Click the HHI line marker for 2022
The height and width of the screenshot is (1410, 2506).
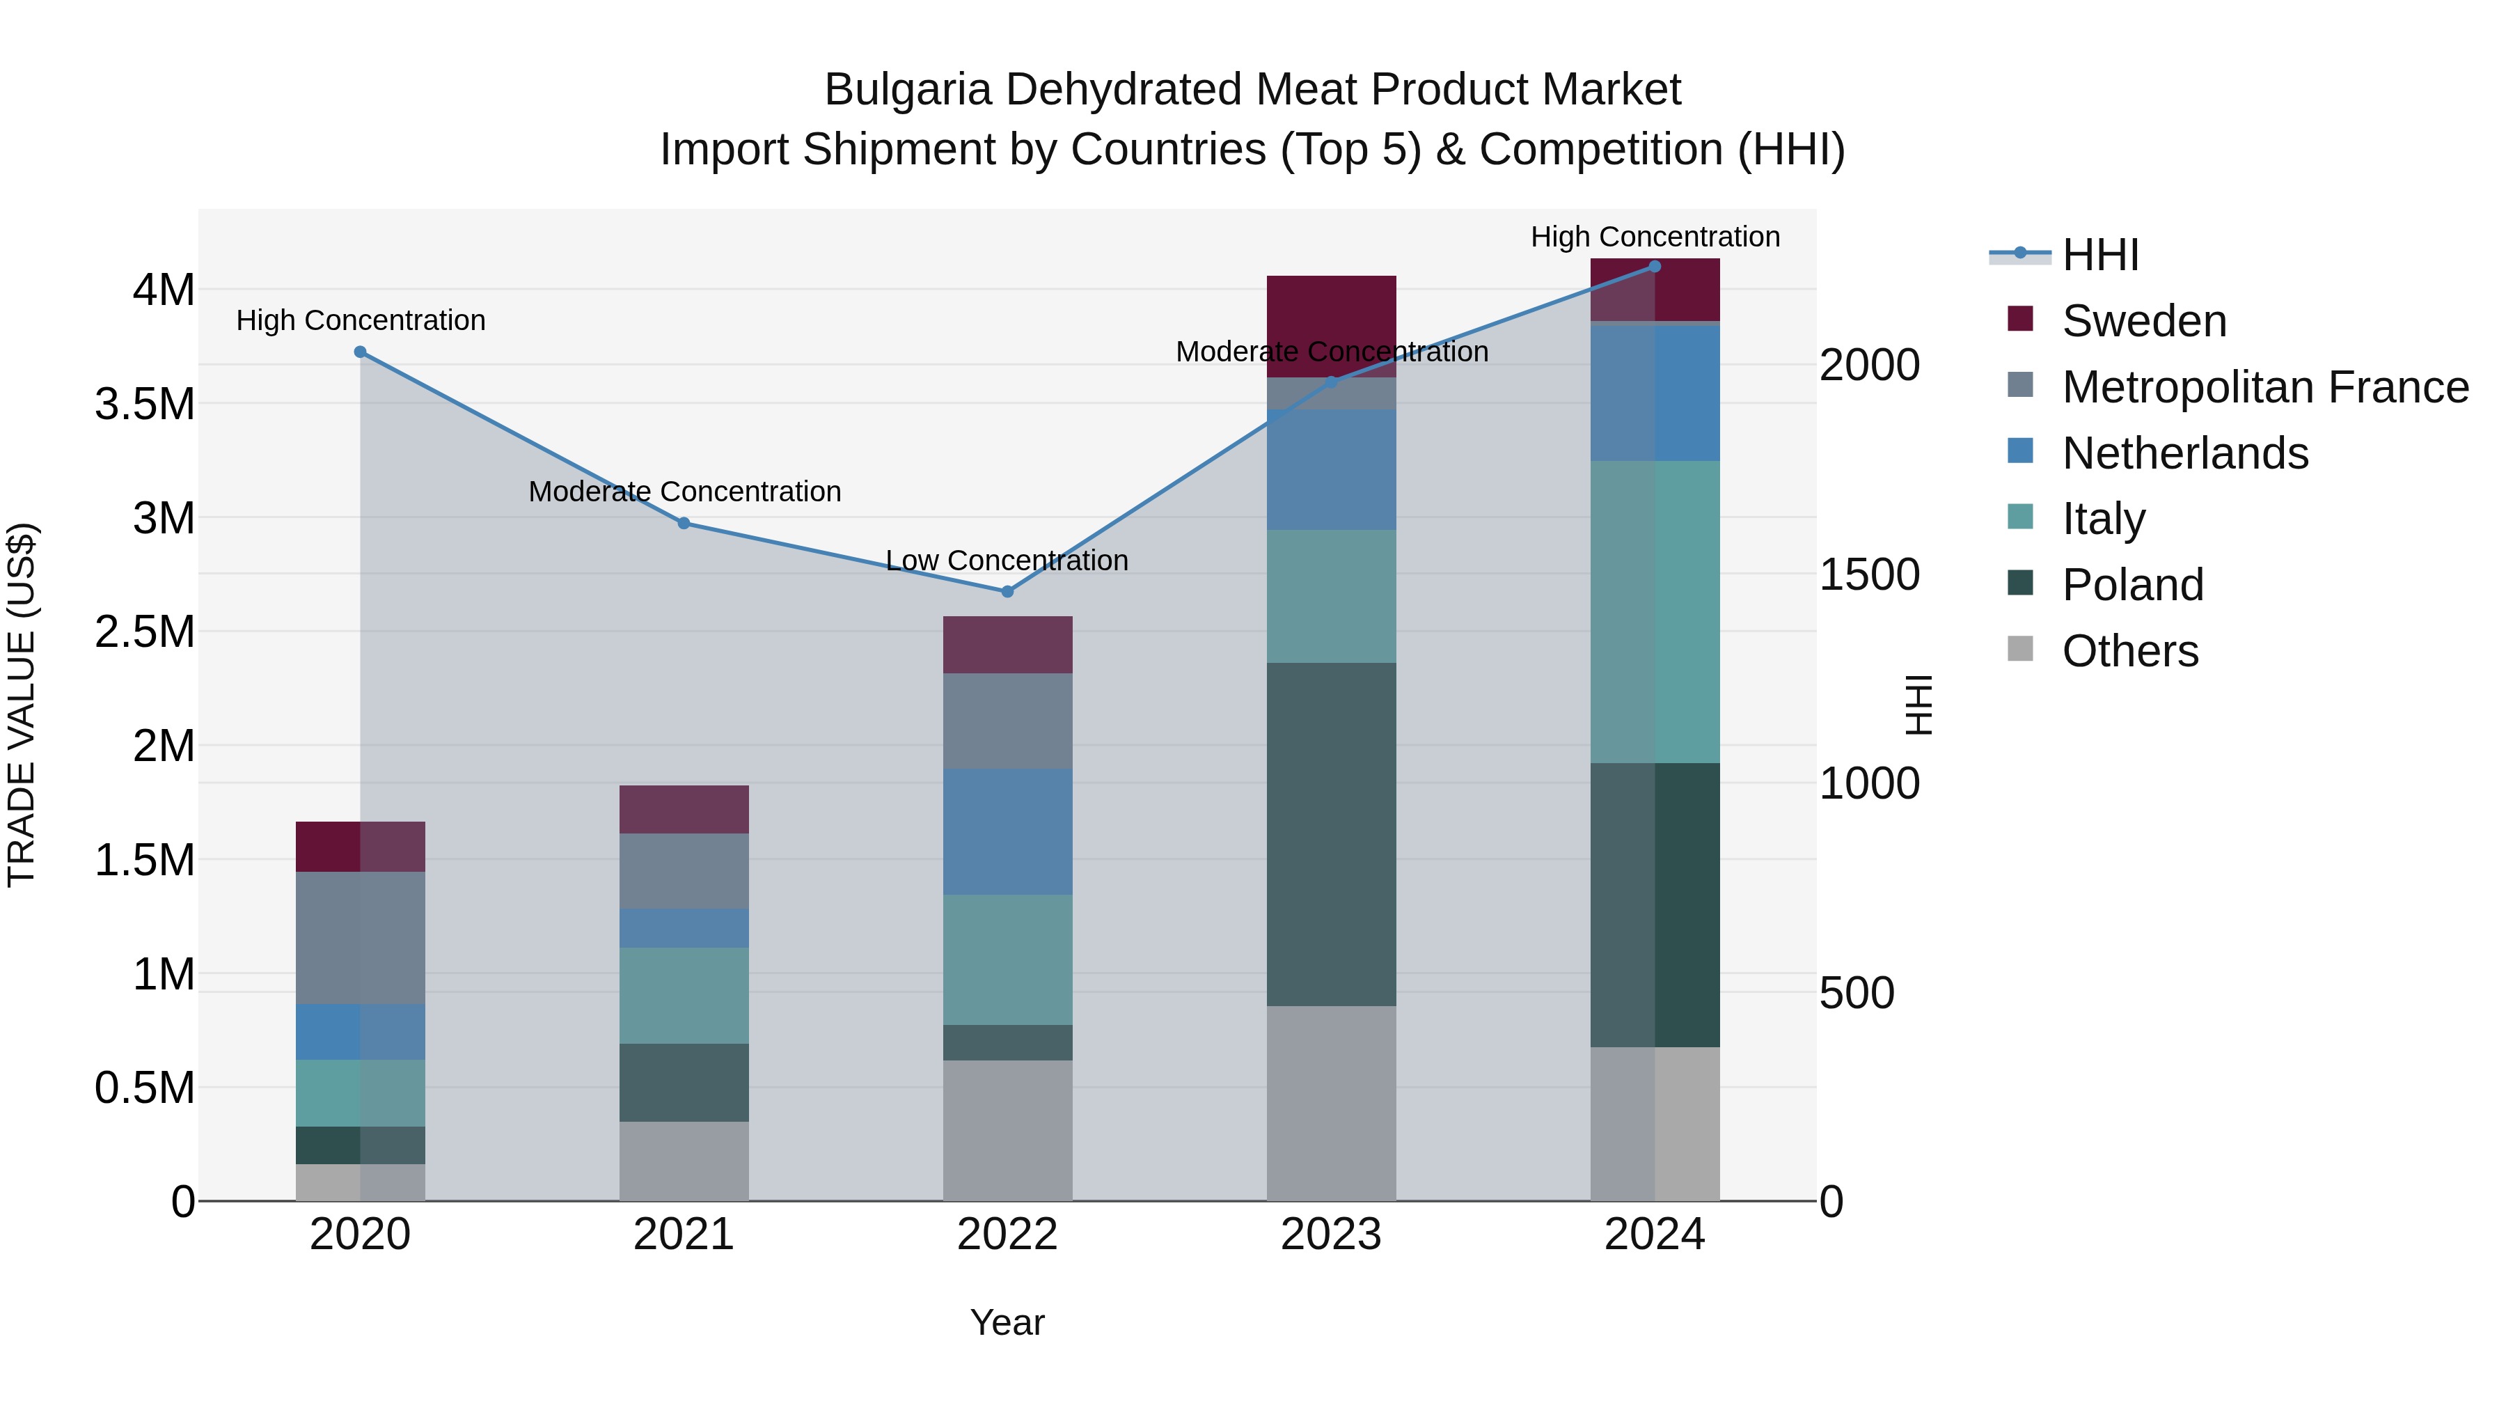click(1007, 592)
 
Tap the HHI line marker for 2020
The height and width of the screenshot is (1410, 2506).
click(360, 352)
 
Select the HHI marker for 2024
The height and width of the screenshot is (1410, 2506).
click(1655, 267)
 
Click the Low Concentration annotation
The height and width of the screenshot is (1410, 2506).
click(1007, 561)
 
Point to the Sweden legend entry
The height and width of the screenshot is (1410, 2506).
click(2143, 321)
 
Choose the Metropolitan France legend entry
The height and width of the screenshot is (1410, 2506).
click(2264, 387)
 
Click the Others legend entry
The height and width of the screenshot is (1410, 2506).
click(2129, 651)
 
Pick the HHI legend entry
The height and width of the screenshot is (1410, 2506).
click(2099, 255)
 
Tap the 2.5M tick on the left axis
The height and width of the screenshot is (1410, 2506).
click(145, 632)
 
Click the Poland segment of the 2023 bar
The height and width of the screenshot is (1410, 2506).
click(1331, 834)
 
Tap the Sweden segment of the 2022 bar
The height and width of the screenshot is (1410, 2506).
click(1007, 644)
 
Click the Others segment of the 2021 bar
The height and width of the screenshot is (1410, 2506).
click(684, 1161)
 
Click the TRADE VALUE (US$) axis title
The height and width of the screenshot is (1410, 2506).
click(22, 705)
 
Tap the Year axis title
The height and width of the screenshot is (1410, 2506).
click(1007, 1322)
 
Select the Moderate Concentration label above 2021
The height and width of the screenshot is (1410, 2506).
click(684, 492)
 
